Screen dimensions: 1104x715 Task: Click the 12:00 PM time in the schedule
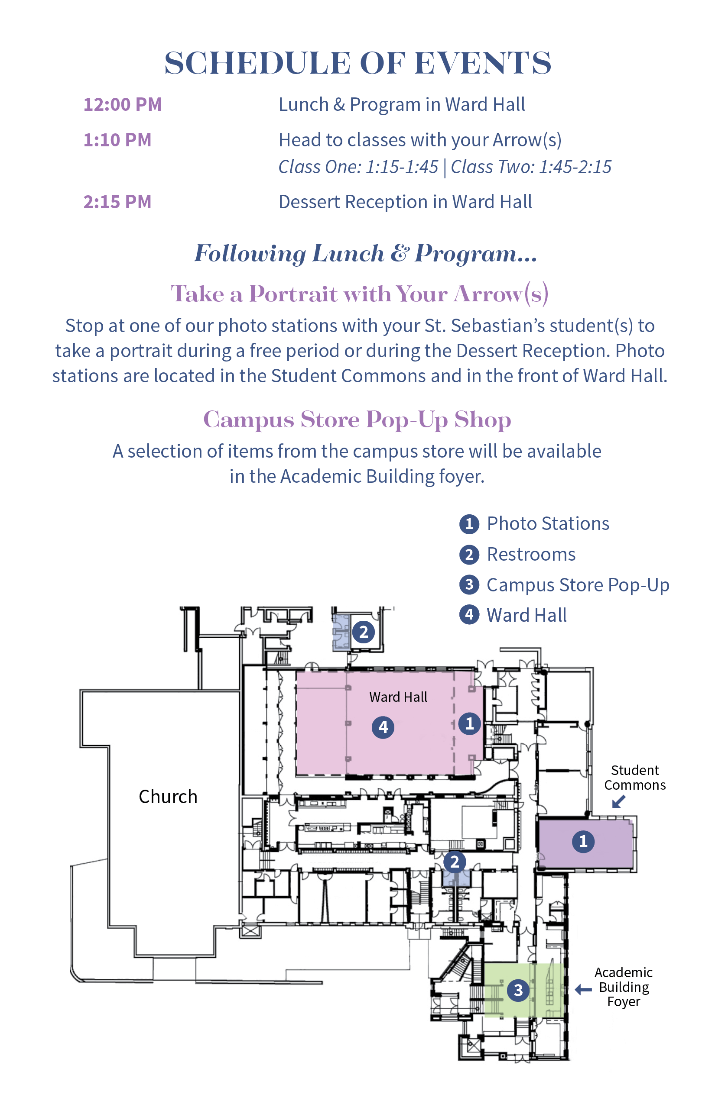pos(123,104)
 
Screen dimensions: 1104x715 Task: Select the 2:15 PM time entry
pos(117,202)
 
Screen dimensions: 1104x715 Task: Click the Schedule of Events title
pos(357,63)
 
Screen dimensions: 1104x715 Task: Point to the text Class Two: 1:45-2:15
pos(531,167)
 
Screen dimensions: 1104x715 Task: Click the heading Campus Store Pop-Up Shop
pos(357,420)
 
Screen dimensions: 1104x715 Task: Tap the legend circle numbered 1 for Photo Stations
pos(469,524)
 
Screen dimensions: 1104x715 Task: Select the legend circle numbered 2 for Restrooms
pos(469,554)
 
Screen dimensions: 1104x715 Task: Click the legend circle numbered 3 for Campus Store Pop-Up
pos(469,584)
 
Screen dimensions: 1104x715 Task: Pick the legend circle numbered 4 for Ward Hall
pos(469,615)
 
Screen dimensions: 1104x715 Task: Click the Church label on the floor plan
pos(168,797)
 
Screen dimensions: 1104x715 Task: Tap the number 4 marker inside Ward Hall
pos(383,727)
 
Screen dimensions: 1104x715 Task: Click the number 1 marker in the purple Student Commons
pos(583,842)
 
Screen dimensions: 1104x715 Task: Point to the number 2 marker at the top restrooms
pos(364,632)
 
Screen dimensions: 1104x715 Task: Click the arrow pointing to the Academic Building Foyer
pos(583,990)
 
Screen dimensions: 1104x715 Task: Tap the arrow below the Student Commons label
pos(618,801)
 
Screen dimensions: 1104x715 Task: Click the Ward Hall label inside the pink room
pos(398,697)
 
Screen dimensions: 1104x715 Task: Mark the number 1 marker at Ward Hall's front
pos(469,723)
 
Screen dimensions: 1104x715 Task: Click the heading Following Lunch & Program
pos(365,253)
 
